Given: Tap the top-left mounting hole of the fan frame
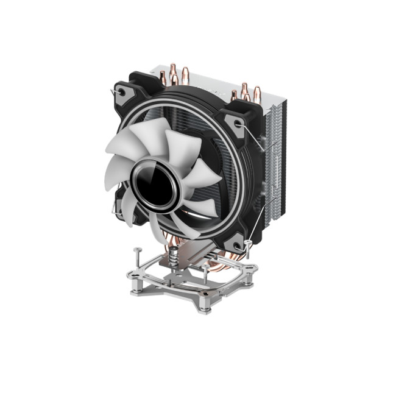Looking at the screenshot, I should pyautogui.click(x=122, y=93).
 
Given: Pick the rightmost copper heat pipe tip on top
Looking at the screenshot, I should pyautogui.click(x=256, y=91).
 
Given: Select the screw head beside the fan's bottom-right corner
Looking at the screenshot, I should pyautogui.click(x=249, y=244).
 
